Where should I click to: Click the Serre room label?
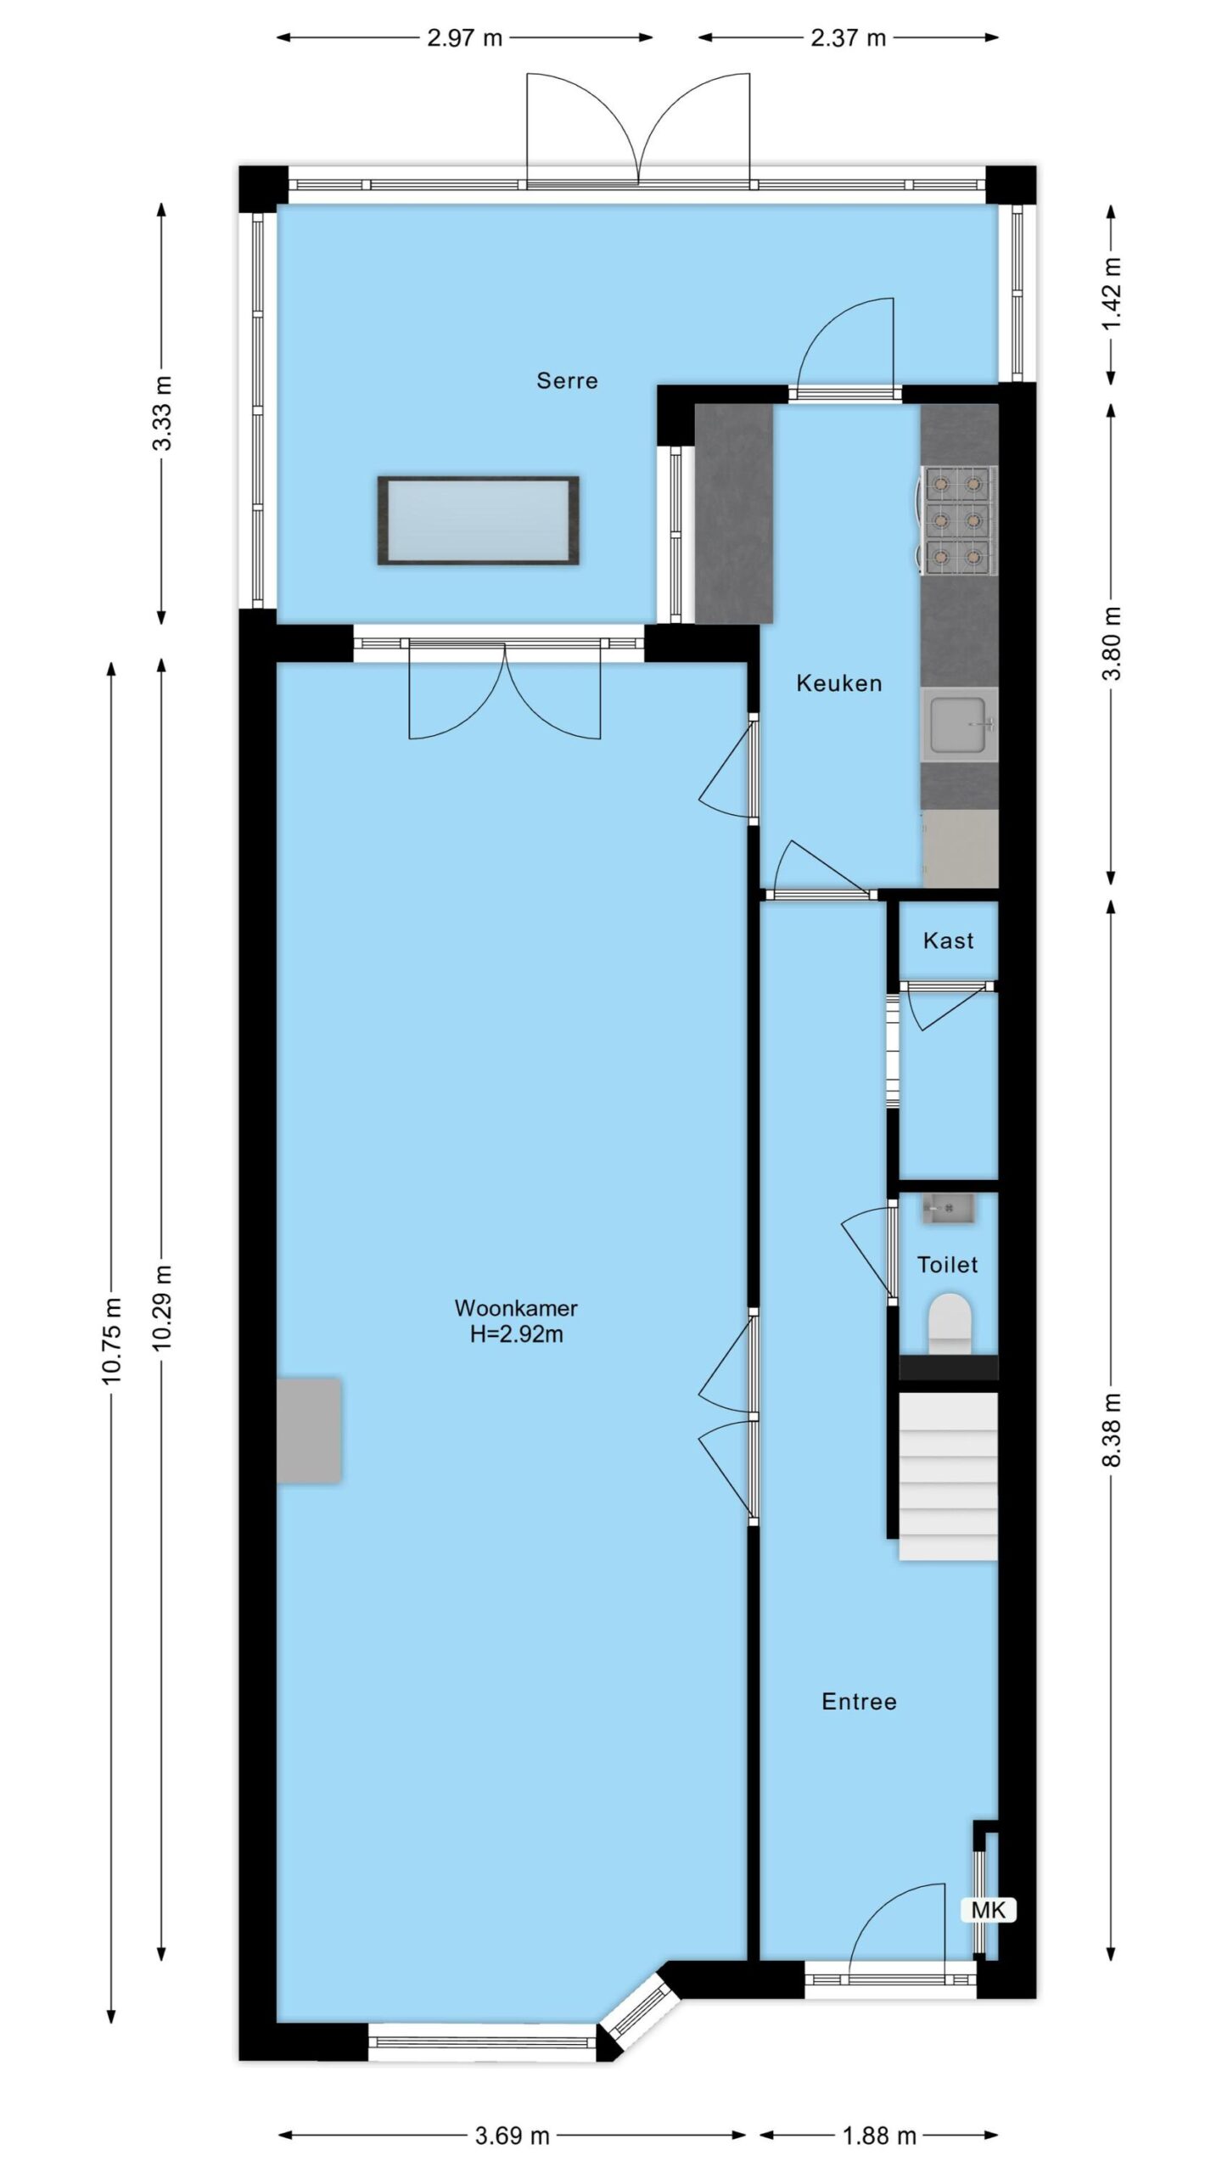click(567, 380)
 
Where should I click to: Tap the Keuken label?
click(838, 683)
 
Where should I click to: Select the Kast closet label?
click(948, 941)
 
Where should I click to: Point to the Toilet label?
click(947, 1265)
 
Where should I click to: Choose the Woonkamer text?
click(516, 1308)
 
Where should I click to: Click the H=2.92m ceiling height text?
click(517, 1334)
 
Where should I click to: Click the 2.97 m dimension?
click(465, 38)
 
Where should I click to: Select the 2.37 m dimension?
click(848, 38)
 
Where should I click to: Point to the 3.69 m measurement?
click(512, 2136)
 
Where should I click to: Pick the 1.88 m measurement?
click(878, 2136)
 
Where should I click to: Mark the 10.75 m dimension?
click(112, 1340)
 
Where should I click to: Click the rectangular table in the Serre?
click(479, 520)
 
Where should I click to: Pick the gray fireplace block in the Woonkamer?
click(309, 1430)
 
